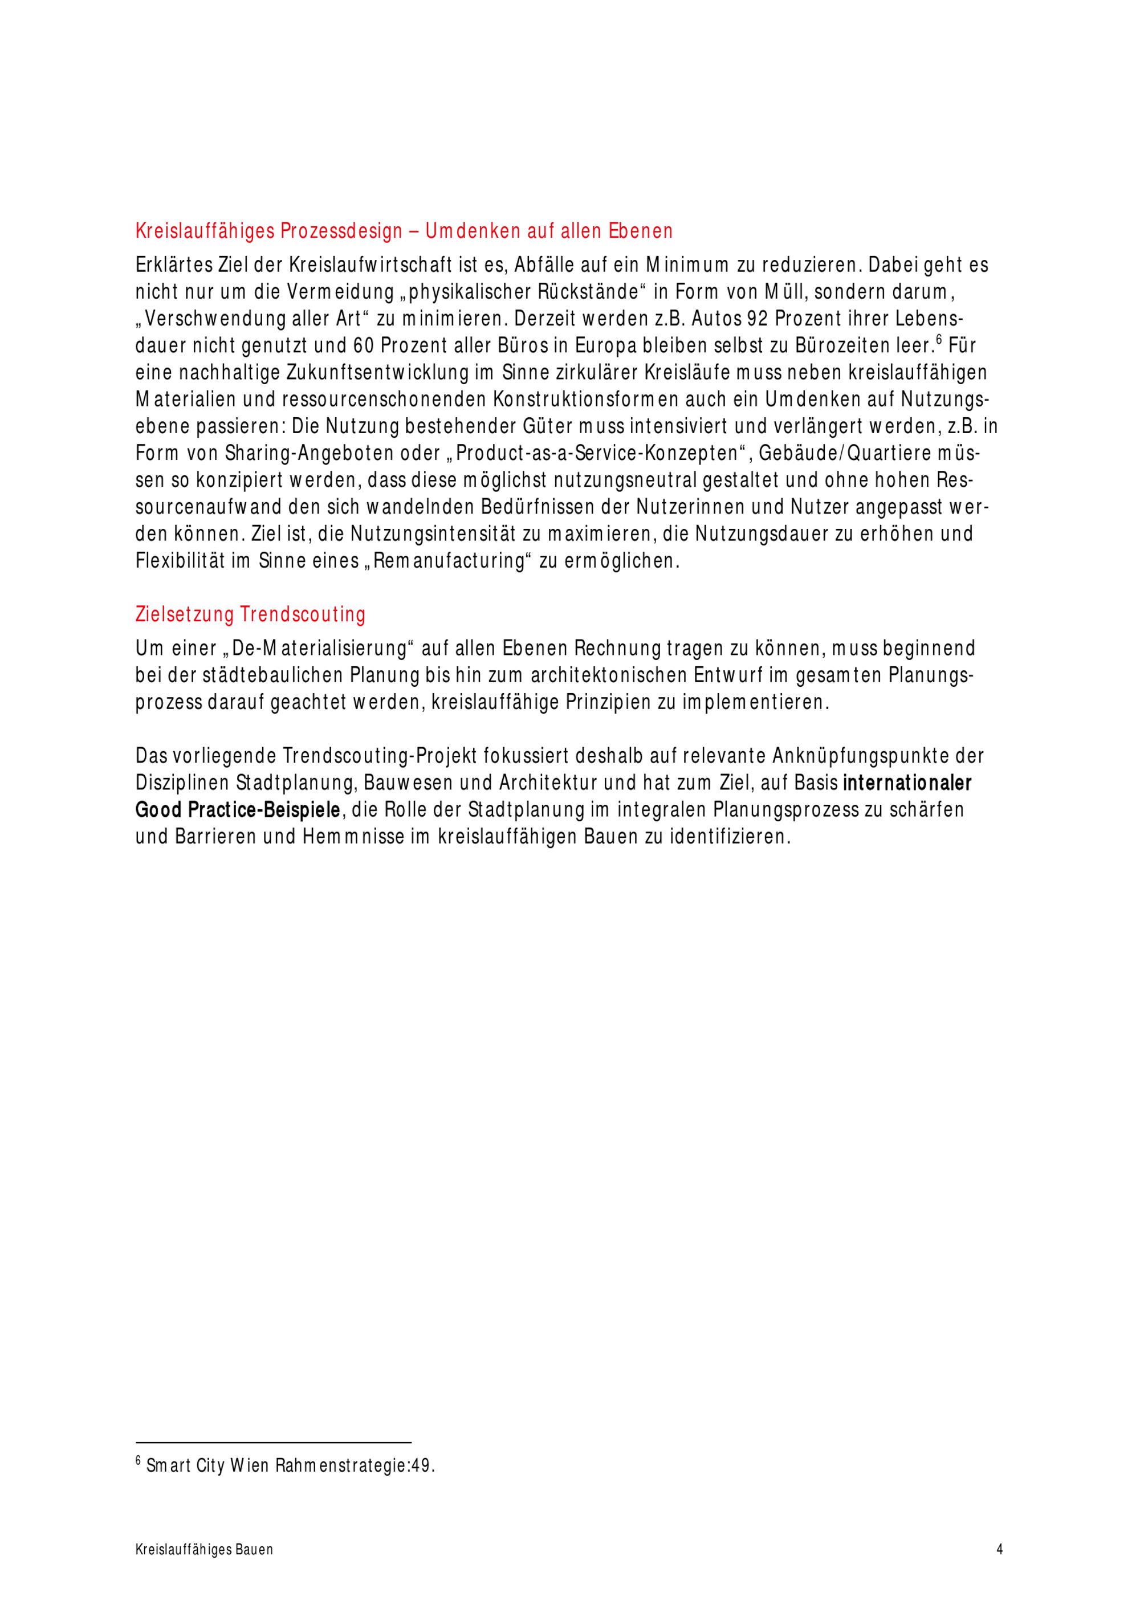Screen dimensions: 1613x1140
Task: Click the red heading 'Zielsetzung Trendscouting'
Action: click(250, 616)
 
